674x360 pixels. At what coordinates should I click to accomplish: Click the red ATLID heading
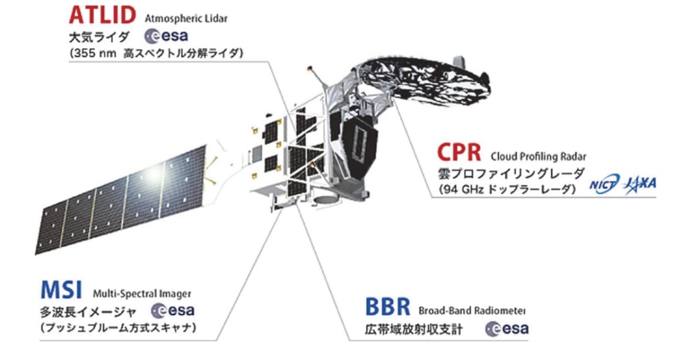pos(102,14)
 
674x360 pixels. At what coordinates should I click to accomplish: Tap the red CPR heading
pos(459,151)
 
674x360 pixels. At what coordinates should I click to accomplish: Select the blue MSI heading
pos(61,290)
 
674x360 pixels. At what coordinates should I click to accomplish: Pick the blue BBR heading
pos(388,307)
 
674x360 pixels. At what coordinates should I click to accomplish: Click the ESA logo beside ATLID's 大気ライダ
pos(167,36)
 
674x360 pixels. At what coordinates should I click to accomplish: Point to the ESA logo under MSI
pos(173,311)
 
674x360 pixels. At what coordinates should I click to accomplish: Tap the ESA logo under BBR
pos(507,329)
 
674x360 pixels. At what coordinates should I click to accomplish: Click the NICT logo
pos(605,185)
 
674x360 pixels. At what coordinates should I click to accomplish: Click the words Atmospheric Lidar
pos(186,19)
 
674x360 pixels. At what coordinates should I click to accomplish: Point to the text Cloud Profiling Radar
pos(538,157)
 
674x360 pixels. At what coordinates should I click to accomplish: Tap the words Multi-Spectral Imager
pos(142,294)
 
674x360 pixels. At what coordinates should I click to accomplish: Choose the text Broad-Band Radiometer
pos(472,310)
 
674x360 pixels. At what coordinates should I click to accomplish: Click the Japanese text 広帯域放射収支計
pos(413,330)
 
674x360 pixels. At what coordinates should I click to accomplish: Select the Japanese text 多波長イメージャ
pos(88,311)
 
